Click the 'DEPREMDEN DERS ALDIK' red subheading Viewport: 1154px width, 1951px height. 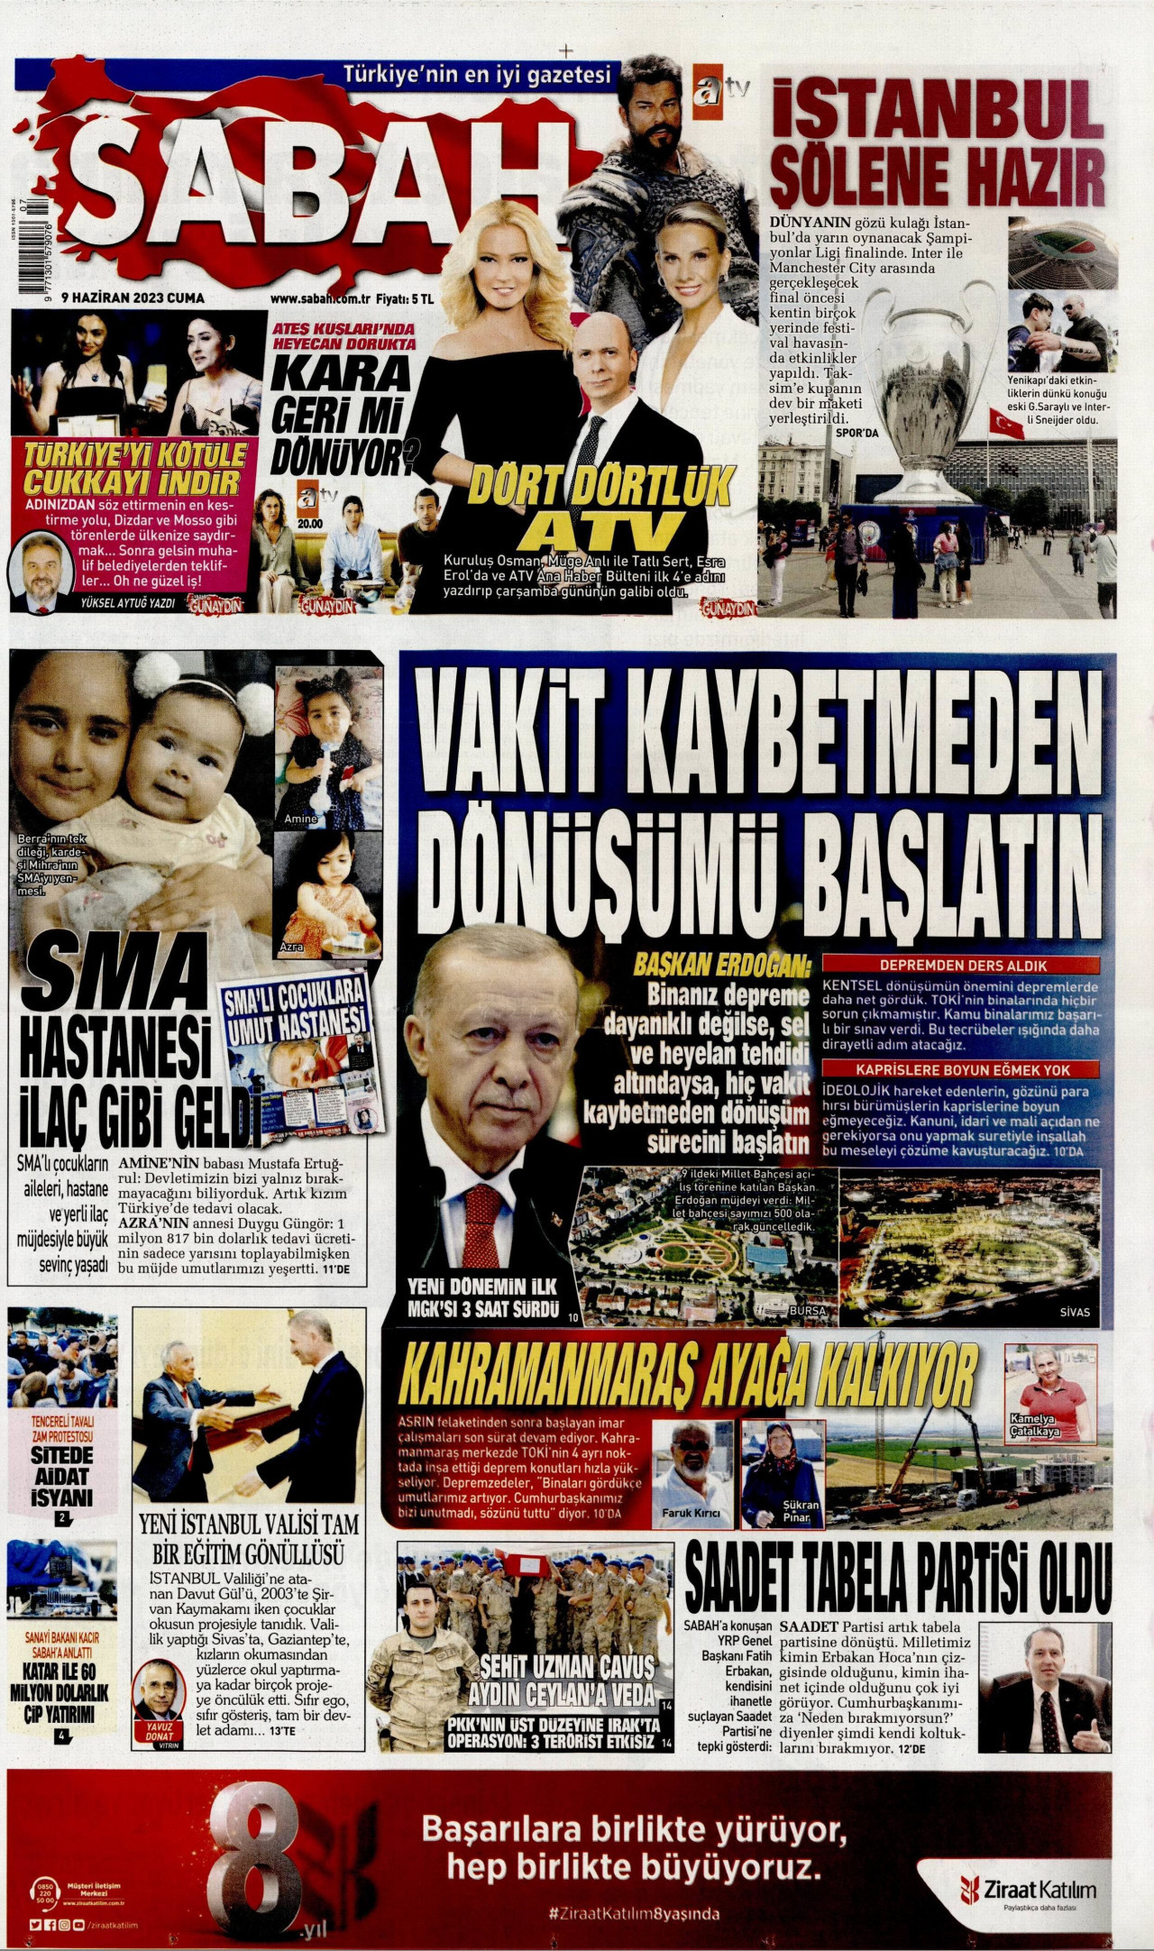pyautogui.click(x=961, y=965)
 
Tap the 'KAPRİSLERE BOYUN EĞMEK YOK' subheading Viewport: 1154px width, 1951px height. pyautogui.click(x=961, y=1069)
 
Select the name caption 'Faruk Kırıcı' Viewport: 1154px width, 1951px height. pyautogui.click(x=691, y=1514)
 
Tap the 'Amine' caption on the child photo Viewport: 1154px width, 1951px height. pyautogui.click(x=298, y=818)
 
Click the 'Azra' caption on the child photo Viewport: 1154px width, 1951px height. pyautogui.click(x=291, y=948)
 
